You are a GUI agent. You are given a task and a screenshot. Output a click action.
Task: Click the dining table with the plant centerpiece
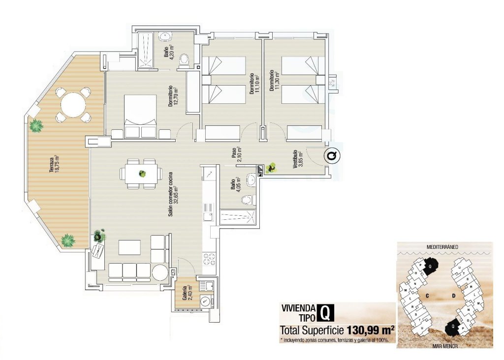(142, 174)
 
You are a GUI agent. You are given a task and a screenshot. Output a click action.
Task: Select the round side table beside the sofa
(160, 272)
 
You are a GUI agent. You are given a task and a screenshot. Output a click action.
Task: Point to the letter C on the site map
(428, 296)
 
